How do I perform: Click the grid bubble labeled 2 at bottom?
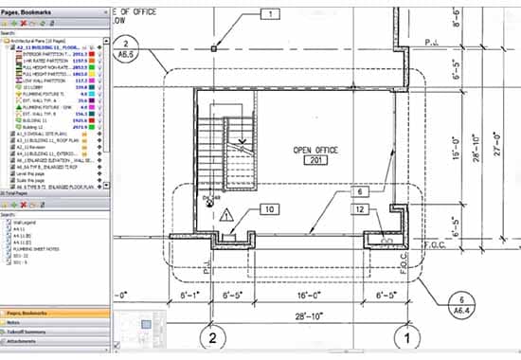(x=214, y=339)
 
